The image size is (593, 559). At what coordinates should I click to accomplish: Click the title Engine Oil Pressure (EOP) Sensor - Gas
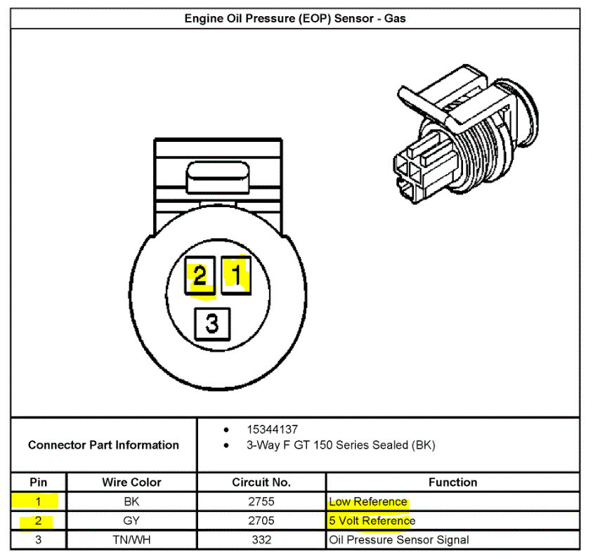(x=295, y=19)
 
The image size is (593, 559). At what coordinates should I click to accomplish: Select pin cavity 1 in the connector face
(x=236, y=275)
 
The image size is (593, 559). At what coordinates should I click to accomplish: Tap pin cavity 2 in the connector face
(x=200, y=276)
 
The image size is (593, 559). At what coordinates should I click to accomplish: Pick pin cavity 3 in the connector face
(x=213, y=324)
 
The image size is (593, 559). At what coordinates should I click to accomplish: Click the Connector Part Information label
(x=103, y=445)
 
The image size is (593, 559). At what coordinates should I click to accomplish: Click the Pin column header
(x=39, y=482)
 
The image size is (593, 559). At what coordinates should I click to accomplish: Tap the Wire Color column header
(x=131, y=482)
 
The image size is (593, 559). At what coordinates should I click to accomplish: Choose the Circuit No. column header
(x=261, y=482)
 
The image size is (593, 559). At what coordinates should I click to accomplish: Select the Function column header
(x=452, y=482)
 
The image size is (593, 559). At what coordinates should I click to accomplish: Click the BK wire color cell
(x=131, y=502)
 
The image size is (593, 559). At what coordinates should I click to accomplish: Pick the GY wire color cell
(x=131, y=521)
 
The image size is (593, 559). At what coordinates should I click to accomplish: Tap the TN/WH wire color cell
(x=131, y=540)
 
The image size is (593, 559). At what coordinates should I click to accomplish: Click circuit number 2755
(x=261, y=502)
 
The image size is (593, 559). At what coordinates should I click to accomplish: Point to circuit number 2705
(x=261, y=521)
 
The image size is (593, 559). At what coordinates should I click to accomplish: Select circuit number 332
(x=261, y=540)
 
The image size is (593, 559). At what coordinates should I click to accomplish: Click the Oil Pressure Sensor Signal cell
(x=398, y=540)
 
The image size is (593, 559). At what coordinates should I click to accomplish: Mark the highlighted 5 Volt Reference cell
(x=372, y=521)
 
